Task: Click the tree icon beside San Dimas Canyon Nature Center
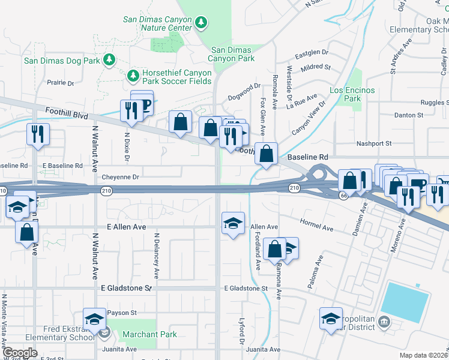pos(201,23)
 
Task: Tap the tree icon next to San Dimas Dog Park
pos(109,59)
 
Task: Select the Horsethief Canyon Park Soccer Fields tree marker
pos(133,76)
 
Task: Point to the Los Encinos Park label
pos(352,94)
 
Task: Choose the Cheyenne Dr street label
pos(120,177)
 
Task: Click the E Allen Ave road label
pos(126,227)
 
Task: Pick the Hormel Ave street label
pos(318,228)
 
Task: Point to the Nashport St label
pos(373,143)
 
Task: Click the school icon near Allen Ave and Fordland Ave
pos(234,224)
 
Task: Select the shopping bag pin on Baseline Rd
pos(266,153)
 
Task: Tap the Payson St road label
pos(122,313)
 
